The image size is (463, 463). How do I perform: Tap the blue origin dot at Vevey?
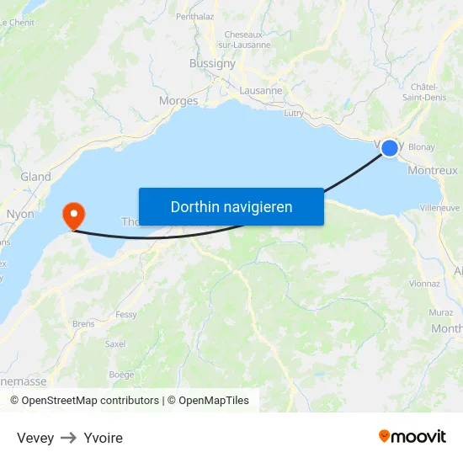tap(390, 148)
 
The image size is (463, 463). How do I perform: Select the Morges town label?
tap(178, 101)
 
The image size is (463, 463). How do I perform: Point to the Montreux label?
tap(432, 170)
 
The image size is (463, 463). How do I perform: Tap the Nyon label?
tap(20, 214)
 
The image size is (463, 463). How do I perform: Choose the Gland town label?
tap(35, 177)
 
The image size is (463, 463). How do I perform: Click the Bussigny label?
tap(213, 63)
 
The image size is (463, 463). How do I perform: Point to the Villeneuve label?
tap(439, 206)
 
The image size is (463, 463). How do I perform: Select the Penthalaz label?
tap(195, 16)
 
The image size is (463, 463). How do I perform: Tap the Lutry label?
tap(294, 112)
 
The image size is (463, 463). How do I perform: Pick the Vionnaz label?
tap(425, 284)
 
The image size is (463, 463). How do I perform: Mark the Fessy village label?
tap(126, 315)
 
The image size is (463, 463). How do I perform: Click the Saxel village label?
tap(115, 343)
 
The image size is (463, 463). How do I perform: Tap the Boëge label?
tap(121, 374)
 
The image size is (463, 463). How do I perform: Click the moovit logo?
tap(412, 436)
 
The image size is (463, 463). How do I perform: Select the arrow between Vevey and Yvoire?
tap(68, 438)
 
